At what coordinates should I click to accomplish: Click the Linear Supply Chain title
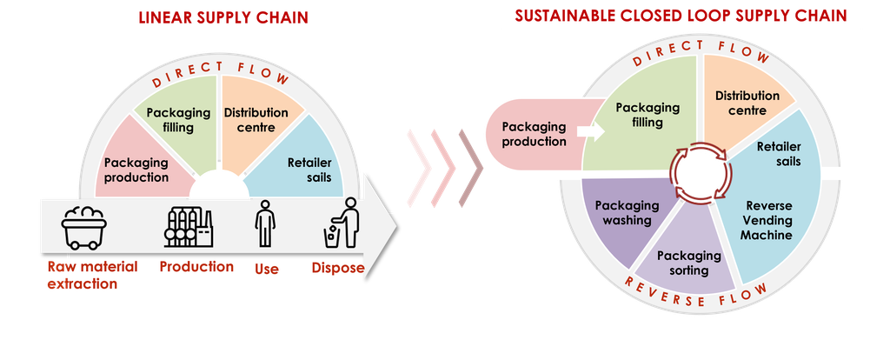[223, 17]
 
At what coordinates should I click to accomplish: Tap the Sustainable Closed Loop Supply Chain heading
[681, 16]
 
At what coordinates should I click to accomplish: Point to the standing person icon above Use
[265, 223]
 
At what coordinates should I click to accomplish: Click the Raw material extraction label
[92, 275]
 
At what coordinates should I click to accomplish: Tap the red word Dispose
[338, 268]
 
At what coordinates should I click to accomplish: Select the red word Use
[266, 269]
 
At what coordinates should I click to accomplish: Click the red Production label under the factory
[196, 266]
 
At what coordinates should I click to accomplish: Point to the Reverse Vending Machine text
[769, 220]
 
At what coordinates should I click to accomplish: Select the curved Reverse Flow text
[696, 296]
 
